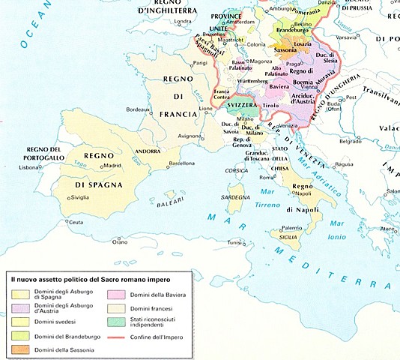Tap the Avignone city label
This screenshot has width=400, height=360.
coord(190,136)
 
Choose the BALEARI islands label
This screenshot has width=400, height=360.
coord(177,202)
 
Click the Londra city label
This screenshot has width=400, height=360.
coord(184,21)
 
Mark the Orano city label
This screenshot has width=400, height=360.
coord(120,242)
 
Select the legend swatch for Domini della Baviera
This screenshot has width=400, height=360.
coord(116,294)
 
